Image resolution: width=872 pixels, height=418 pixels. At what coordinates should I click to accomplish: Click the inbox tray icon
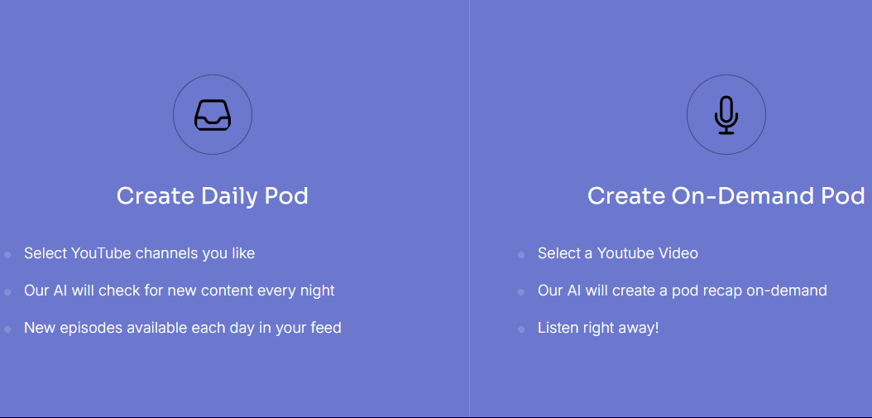(x=213, y=115)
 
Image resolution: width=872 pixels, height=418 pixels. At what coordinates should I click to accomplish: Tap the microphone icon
(x=726, y=115)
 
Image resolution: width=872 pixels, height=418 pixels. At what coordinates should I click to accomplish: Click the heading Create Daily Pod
(x=213, y=196)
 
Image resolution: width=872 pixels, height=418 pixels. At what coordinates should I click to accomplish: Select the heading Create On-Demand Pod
(x=726, y=196)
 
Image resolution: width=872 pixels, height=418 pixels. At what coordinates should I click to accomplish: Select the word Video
(x=678, y=253)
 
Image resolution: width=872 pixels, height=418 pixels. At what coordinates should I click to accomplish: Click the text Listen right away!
(x=598, y=327)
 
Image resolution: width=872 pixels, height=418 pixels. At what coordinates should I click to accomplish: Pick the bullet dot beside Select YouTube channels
(x=7, y=255)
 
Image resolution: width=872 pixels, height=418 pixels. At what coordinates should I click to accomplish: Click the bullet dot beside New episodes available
(x=7, y=329)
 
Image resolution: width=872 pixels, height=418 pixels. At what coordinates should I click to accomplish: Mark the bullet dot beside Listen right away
(x=521, y=329)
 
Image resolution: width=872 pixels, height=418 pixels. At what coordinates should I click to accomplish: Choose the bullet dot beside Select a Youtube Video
(x=521, y=255)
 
